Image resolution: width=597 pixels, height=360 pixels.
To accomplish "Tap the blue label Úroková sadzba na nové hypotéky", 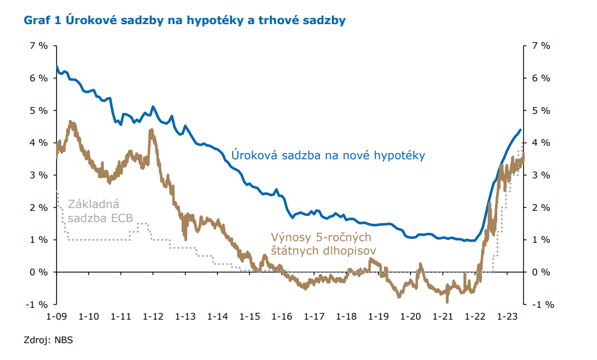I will pyautogui.click(x=328, y=155).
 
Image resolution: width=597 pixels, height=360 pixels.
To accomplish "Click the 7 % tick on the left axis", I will pyautogui.click(x=39, y=45).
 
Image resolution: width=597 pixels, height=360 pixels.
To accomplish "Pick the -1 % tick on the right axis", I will pyautogui.click(x=543, y=304).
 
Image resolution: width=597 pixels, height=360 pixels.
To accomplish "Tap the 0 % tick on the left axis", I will pyautogui.click(x=39, y=272).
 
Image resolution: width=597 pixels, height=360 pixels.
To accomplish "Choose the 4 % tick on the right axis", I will pyautogui.click(x=540, y=142).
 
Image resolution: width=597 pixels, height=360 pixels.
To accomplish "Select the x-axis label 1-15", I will pyautogui.click(x=249, y=316).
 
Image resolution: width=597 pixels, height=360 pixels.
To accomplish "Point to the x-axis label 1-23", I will pyautogui.click(x=508, y=316).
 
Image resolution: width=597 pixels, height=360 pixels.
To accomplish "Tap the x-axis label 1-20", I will pyautogui.click(x=411, y=316).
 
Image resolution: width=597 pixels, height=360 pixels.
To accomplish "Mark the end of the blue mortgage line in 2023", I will pyautogui.click(x=520, y=130).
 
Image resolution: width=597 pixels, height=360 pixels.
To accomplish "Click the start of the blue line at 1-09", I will pyautogui.click(x=57, y=66).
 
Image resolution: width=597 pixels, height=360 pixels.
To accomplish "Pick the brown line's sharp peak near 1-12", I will pyautogui.click(x=151, y=130).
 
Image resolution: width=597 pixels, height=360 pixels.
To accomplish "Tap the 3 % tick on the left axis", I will pyautogui.click(x=39, y=175).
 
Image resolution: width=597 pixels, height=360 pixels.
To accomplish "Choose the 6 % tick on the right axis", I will pyautogui.click(x=540, y=78).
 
